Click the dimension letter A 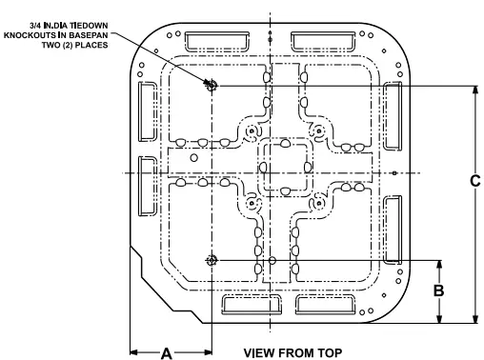[166, 351]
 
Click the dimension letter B [439, 290]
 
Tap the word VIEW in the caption [260, 351]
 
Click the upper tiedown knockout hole [212, 86]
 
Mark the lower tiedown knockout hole [212, 260]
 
